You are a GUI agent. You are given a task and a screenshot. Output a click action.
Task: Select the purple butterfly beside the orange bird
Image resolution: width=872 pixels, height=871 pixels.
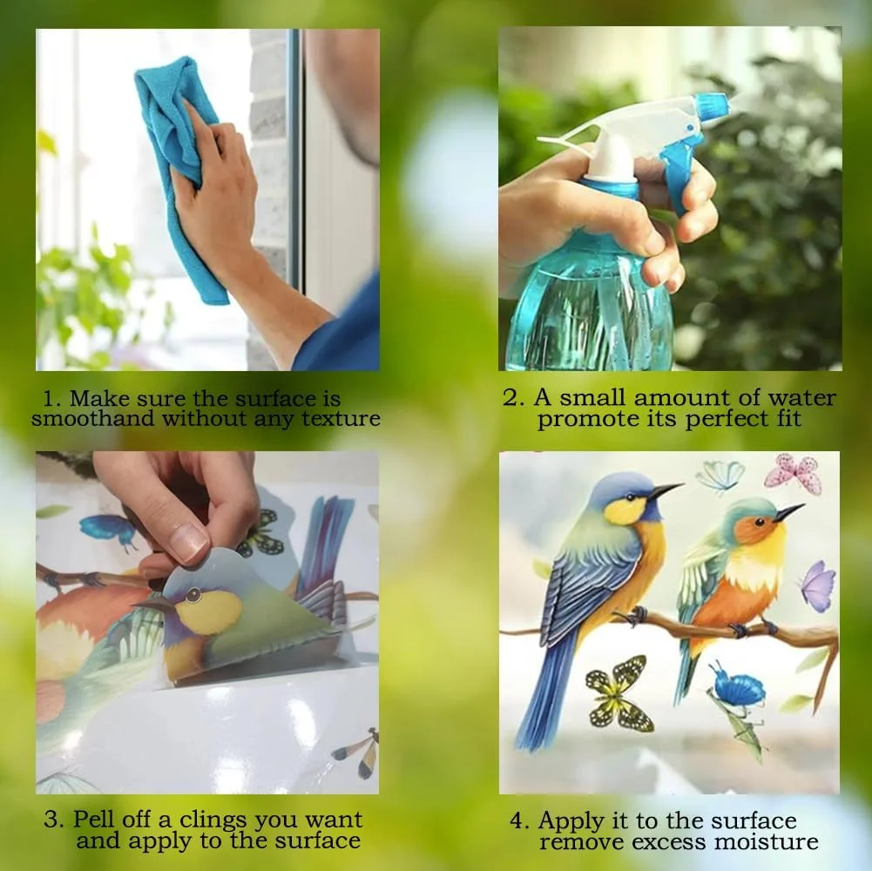pyautogui.click(x=817, y=585)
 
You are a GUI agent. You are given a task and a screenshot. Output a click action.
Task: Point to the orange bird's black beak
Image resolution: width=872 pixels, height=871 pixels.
pyautogui.click(x=789, y=512)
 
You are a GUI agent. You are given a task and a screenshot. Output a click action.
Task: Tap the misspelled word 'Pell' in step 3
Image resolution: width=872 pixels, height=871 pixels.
pyautogui.click(x=95, y=820)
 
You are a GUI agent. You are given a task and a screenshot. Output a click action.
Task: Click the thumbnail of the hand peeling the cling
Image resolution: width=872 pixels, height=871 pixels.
pyautogui.click(x=207, y=622)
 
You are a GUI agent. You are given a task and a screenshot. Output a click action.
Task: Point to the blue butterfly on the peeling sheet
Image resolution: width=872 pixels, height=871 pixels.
pyautogui.click(x=108, y=529)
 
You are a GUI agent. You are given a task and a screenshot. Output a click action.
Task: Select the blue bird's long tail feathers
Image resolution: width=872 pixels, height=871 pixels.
pyautogui.click(x=544, y=697)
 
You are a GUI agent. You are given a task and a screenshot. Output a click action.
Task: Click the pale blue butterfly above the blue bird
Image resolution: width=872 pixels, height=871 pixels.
pyautogui.click(x=720, y=475)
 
